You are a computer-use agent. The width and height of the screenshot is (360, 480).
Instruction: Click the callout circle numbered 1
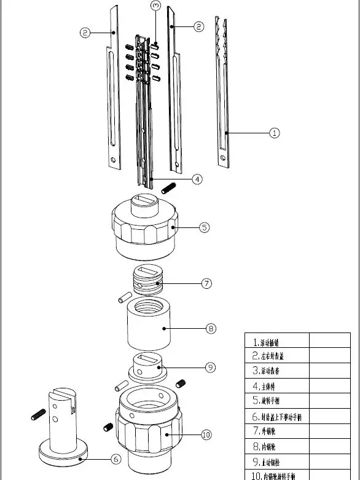point(275,133)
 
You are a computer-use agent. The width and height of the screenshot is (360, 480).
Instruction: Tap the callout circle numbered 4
point(197,179)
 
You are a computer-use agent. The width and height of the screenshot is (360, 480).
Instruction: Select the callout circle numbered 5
point(205,227)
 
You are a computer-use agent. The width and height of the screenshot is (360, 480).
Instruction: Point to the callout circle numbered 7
point(207,283)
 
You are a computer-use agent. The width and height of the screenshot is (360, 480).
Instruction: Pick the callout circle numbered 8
point(211,329)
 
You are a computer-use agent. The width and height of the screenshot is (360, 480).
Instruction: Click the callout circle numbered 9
point(210,367)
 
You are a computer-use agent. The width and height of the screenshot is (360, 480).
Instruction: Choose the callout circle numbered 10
point(206,435)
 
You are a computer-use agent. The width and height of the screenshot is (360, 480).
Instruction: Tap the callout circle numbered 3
point(155,6)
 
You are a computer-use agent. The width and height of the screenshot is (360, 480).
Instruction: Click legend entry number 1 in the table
point(276,342)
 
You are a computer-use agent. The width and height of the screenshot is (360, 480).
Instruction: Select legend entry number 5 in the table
point(276,401)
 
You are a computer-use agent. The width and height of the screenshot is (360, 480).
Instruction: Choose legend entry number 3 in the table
point(276,371)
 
